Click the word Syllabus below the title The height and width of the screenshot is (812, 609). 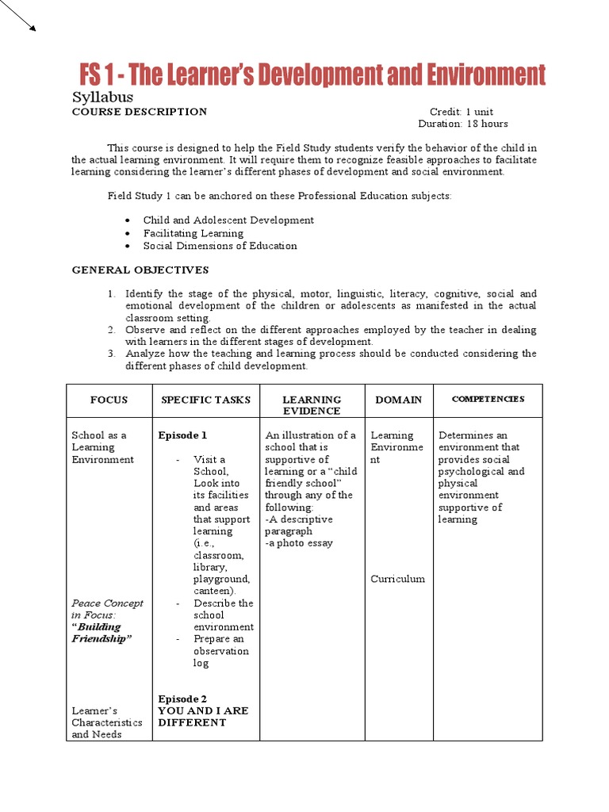[102, 97]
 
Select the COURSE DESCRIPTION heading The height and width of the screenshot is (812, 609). [140, 112]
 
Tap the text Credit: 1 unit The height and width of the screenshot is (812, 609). [461, 112]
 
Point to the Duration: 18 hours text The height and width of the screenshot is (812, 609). [463, 124]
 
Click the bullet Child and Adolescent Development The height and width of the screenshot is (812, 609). [228, 220]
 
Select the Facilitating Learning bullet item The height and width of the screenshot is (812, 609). [193, 233]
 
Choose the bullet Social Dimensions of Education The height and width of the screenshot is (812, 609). [220, 246]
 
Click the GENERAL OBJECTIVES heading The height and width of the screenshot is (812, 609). [140, 270]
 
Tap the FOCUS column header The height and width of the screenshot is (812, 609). [109, 400]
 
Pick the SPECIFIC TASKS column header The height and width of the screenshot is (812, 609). [205, 400]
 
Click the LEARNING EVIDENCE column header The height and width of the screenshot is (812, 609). [312, 405]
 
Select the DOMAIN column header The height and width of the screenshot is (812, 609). [398, 400]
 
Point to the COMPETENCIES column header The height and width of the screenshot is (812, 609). [488, 399]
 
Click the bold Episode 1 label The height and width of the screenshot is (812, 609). [182, 435]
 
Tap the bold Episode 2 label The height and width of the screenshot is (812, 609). [182, 699]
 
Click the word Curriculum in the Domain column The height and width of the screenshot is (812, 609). [397, 579]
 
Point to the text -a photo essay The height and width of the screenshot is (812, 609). [299, 543]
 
